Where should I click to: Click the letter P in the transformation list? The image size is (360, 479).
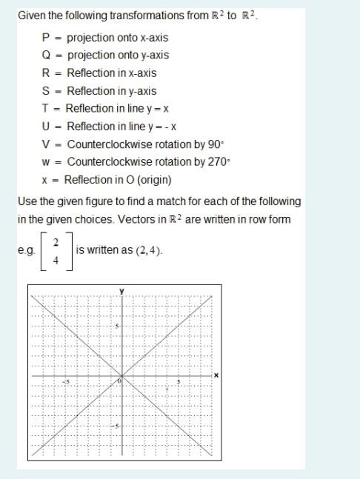pyautogui.click(x=46, y=37)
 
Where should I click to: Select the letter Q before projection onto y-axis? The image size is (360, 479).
pyautogui.click(x=46, y=55)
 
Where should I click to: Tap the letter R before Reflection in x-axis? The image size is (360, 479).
pyautogui.click(x=46, y=73)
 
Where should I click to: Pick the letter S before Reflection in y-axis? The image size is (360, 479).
pyautogui.click(x=46, y=91)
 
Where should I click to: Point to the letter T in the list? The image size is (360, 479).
pyautogui.click(x=45, y=109)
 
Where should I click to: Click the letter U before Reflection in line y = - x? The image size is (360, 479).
pyautogui.click(x=46, y=127)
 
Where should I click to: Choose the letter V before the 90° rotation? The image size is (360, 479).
pyautogui.click(x=46, y=144)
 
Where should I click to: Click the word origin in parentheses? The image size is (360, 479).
pyautogui.click(x=150, y=180)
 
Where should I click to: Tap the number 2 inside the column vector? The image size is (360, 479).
pyautogui.click(x=56, y=242)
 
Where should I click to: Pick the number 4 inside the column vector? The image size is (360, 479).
pyautogui.click(x=56, y=260)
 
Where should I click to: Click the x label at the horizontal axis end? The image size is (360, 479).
pyautogui.click(x=216, y=375)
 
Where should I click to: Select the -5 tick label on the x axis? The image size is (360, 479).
pyautogui.click(x=65, y=381)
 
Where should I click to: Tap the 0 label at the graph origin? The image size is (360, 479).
pyautogui.click(x=119, y=381)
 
